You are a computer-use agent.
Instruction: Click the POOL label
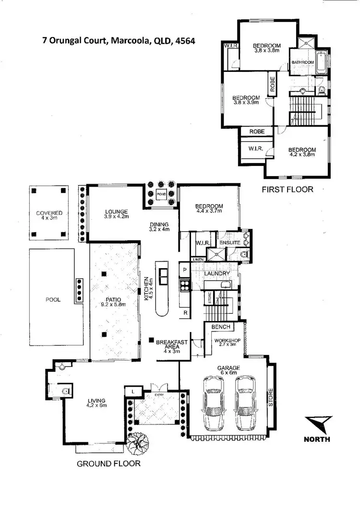point(53,300)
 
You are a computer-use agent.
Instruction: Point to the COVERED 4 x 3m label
point(49,216)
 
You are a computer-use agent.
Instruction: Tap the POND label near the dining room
point(161,194)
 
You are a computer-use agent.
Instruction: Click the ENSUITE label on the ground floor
point(229,243)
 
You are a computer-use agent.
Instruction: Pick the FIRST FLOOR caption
point(287,189)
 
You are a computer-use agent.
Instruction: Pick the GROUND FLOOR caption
point(108,463)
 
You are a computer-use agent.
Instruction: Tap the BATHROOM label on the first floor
point(303,62)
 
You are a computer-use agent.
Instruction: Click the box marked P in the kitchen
point(184,270)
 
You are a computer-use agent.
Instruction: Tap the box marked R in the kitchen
point(185,313)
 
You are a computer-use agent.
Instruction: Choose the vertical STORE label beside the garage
point(270,396)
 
